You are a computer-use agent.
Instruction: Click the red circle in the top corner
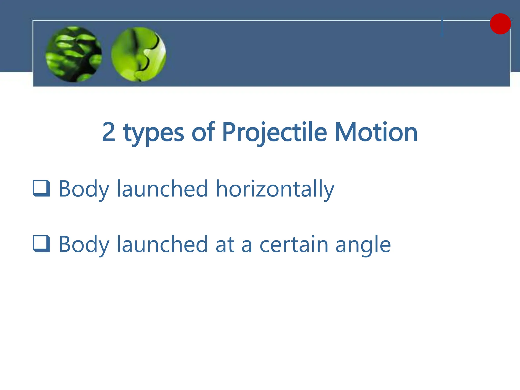500,24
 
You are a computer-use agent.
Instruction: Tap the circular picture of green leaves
74,54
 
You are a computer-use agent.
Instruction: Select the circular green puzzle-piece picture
139,54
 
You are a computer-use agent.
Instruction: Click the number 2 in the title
109,132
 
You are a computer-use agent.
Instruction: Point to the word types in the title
154,133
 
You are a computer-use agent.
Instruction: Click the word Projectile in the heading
274,133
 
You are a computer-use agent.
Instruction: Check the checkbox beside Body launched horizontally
41,188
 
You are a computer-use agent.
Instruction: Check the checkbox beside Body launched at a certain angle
41,244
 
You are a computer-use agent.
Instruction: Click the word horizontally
275,189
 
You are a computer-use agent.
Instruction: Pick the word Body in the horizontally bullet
84,189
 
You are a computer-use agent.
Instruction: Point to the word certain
294,244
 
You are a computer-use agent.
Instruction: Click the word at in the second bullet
225,245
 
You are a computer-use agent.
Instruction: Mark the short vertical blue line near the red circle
442,27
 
